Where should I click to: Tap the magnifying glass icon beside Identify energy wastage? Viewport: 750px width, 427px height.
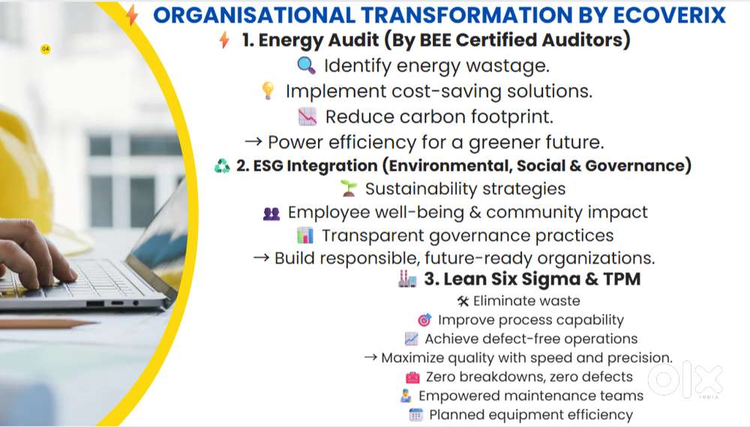[306, 65]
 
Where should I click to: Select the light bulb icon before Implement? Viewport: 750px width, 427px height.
[268, 91]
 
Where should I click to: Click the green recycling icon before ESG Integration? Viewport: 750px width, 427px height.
[222, 166]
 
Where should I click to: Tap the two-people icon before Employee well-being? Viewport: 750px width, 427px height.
[271, 213]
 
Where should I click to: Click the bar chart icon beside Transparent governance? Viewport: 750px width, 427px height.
[304, 236]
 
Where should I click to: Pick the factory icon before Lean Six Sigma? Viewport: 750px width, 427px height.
[407, 279]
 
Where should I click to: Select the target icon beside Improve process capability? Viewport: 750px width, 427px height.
[424, 320]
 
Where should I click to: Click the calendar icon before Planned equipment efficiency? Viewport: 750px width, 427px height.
[416, 414]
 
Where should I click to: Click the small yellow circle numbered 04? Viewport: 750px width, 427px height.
[46, 49]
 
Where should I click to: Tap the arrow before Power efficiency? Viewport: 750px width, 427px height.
[254, 142]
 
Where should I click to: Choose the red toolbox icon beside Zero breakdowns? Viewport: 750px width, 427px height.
[412, 377]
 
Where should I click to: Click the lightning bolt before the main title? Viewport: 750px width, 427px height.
[133, 15]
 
